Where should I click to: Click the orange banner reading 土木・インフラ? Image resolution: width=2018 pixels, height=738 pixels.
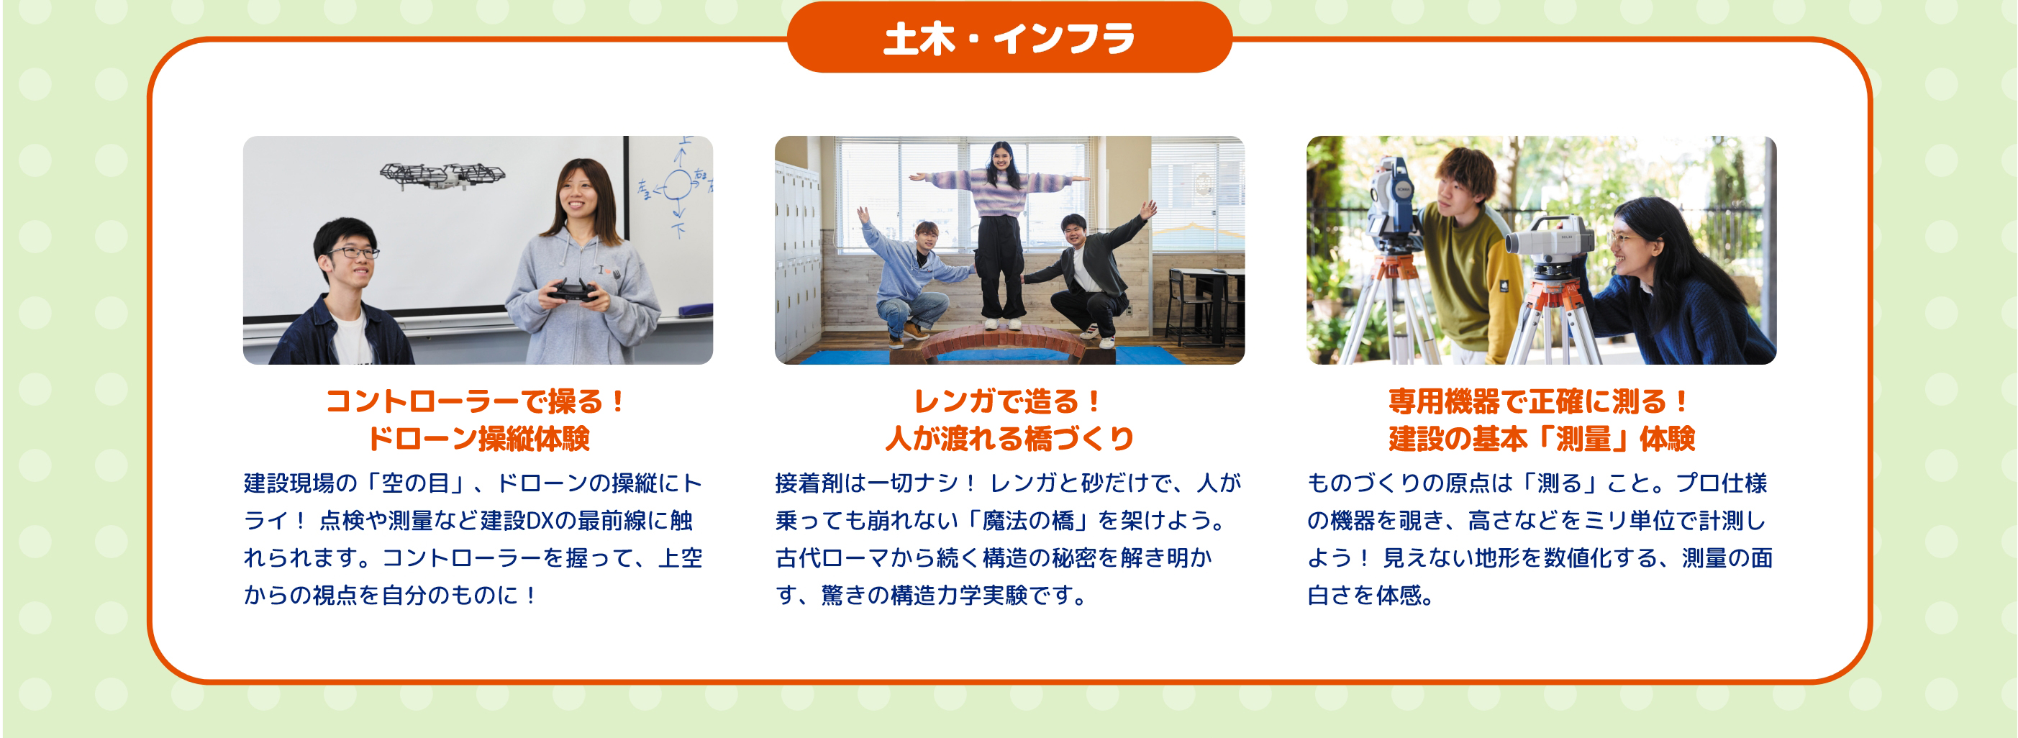(x=1009, y=37)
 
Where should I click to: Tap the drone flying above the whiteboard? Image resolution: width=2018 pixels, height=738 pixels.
(x=442, y=175)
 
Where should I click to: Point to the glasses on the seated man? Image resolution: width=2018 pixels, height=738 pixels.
(x=355, y=252)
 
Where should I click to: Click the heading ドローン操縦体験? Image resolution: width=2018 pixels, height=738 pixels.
(x=478, y=438)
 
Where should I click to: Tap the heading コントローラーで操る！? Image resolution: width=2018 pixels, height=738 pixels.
(x=478, y=401)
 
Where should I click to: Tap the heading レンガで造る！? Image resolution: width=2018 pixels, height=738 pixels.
(x=1009, y=401)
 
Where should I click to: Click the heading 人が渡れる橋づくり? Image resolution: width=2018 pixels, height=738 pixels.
(x=1009, y=438)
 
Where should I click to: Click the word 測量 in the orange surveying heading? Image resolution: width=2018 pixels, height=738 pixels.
(x=1583, y=438)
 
